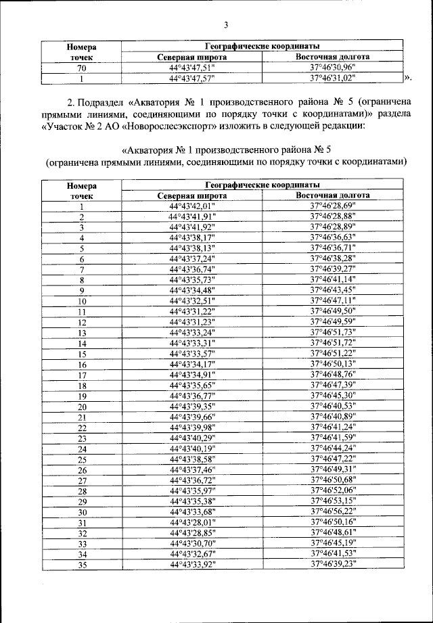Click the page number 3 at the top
(x=226, y=26)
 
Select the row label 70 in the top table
(x=81, y=68)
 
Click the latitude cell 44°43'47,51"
(x=191, y=68)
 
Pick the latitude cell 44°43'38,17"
(x=191, y=237)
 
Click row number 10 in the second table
(x=81, y=301)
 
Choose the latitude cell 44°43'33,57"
(x=191, y=353)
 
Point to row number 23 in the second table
(x=81, y=438)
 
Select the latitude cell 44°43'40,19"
(x=191, y=448)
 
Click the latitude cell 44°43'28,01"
(x=191, y=522)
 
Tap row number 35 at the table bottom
(x=81, y=565)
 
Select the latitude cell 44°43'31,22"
(x=191, y=311)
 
